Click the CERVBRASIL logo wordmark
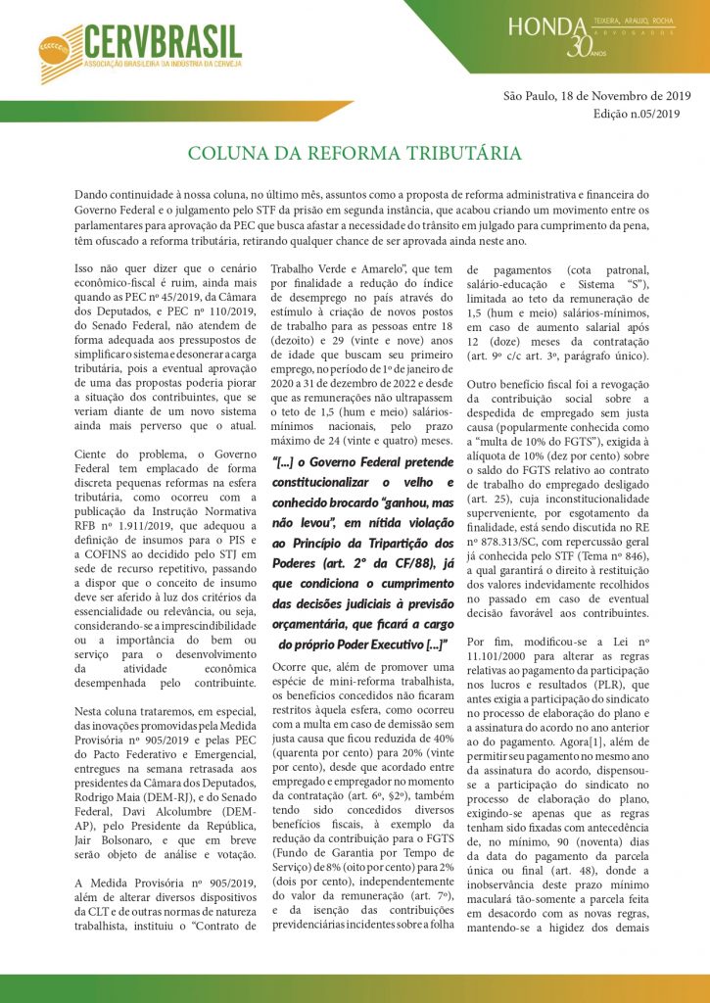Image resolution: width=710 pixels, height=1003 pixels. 162,41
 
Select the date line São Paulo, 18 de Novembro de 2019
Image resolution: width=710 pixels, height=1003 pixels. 596,96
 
